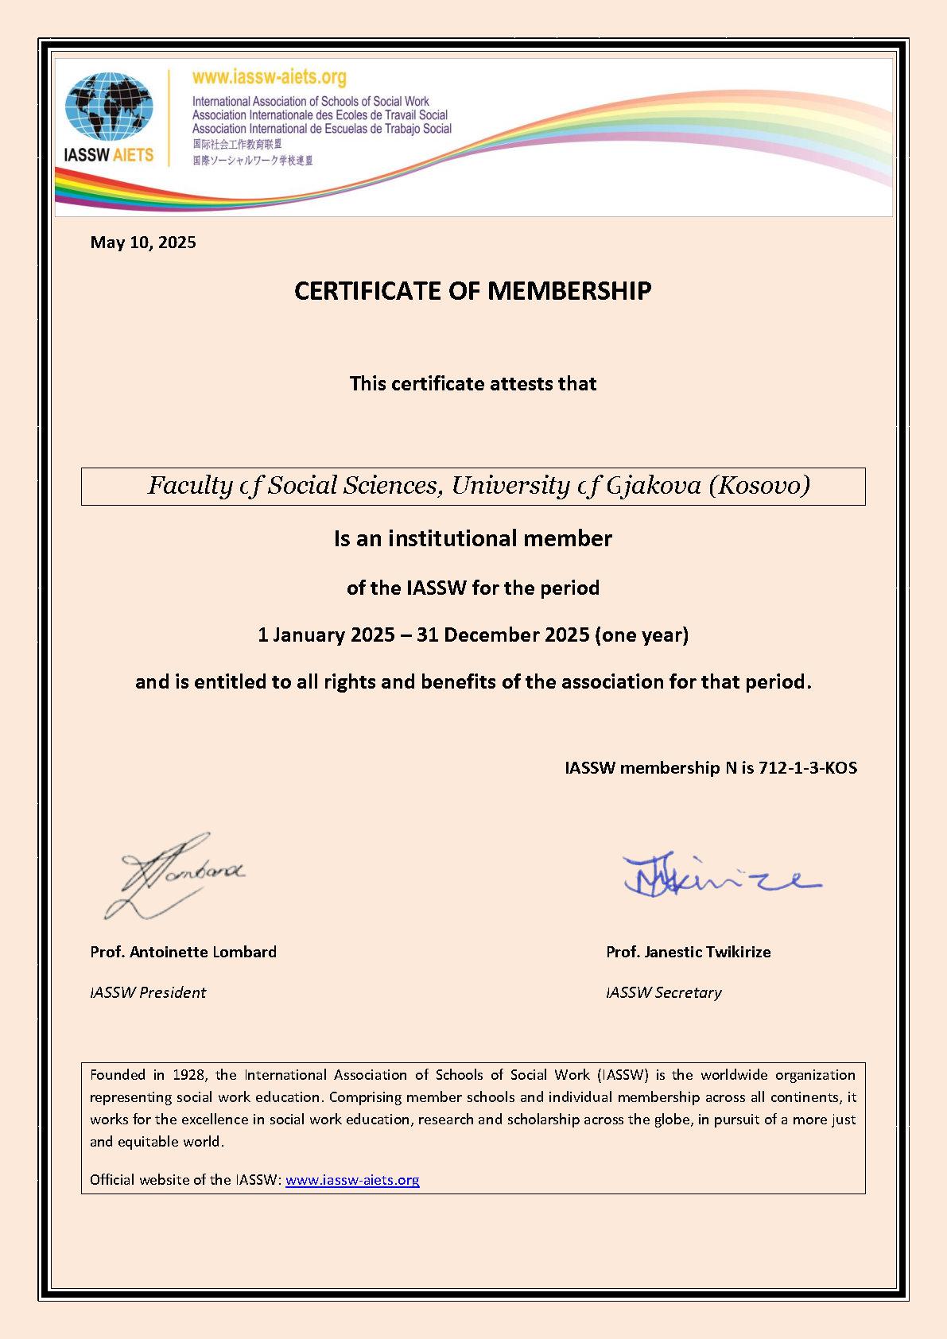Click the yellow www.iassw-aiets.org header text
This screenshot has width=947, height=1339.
pyautogui.click(x=269, y=77)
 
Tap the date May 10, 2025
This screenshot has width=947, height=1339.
pyautogui.click(x=143, y=243)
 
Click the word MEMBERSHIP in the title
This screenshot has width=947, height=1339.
pyautogui.click(x=569, y=291)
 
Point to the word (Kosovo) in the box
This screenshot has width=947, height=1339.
pyautogui.click(x=759, y=485)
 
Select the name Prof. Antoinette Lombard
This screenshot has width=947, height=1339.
pyautogui.click(x=184, y=952)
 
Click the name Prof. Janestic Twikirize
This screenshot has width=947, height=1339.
pyautogui.click(x=689, y=952)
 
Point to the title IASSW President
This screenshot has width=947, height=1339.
pyautogui.click(x=148, y=992)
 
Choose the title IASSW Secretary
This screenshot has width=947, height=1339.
pyautogui.click(x=664, y=992)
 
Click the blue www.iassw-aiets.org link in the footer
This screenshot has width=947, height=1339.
pyautogui.click(x=352, y=1180)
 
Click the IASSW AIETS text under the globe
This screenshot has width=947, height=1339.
pyautogui.click(x=109, y=154)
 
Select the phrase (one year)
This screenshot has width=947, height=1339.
pyautogui.click(x=642, y=635)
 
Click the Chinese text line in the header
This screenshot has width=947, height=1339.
pyautogui.click(x=237, y=144)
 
